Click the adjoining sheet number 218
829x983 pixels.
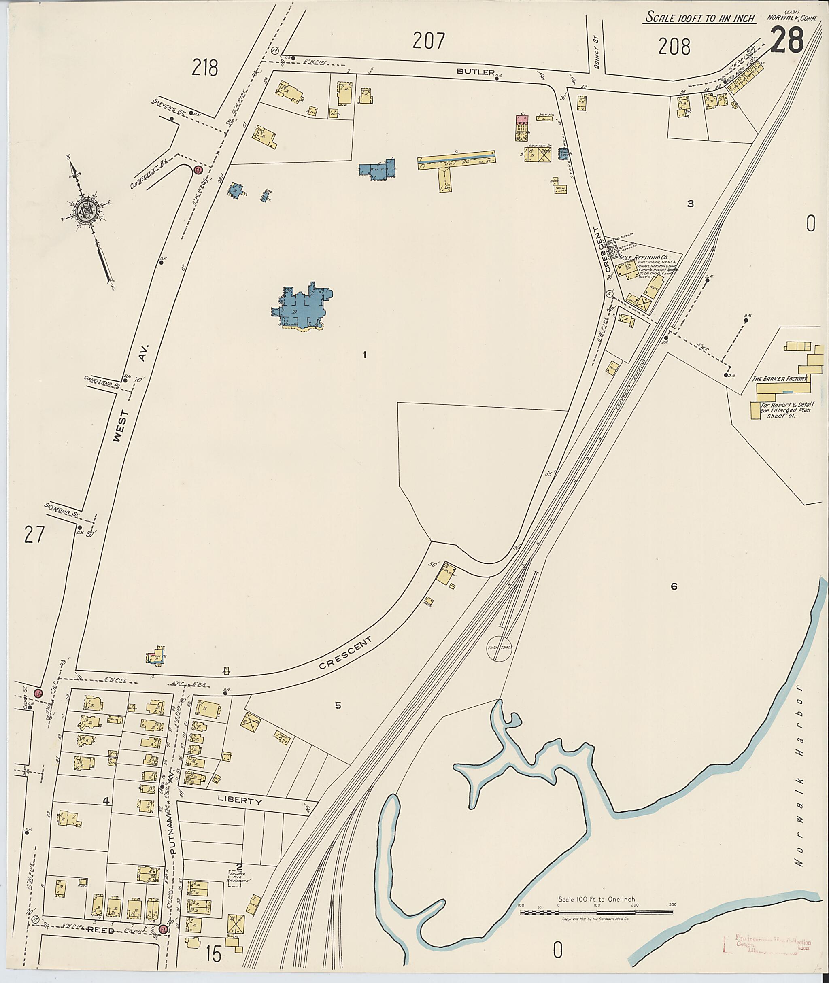click(x=205, y=69)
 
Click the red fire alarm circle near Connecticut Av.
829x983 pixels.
click(x=198, y=170)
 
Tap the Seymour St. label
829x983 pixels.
click(x=62, y=510)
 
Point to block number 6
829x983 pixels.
click(x=674, y=586)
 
